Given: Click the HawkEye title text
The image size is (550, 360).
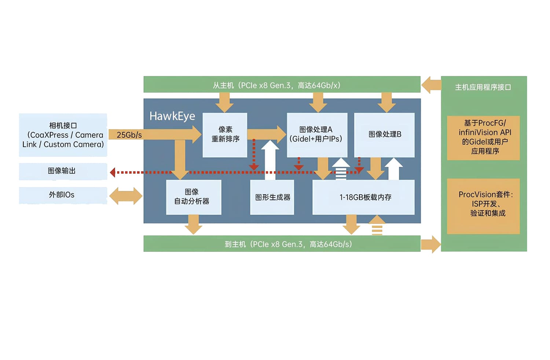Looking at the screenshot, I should (x=172, y=116).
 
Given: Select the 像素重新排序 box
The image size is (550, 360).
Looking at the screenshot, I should (x=225, y=135).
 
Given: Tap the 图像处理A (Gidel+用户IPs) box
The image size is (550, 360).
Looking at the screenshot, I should (x=316, y=135).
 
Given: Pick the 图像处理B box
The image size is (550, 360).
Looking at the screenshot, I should (x=384, y=135).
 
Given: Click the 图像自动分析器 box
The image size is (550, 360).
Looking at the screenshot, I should (x=193, y=197).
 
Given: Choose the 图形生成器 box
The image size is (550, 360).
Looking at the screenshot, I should (x=272, y=197).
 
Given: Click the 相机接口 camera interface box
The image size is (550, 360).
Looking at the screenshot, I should (x=63, y=135).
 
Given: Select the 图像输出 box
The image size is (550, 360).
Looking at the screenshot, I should (x=63, y=171).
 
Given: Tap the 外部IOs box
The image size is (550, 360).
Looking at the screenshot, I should (x=63, y=195).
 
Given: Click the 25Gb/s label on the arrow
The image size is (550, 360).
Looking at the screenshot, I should (x=129, y=135).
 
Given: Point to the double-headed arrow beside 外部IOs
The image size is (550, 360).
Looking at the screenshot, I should (x=126, y=196).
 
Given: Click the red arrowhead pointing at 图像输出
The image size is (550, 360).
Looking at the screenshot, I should (x=113, y=172).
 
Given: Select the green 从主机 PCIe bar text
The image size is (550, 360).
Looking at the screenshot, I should (x=277, y=85).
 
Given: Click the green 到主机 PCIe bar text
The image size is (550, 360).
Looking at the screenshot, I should (x=288, y=244).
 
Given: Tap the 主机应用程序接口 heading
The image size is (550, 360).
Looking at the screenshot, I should (x=483, y=87).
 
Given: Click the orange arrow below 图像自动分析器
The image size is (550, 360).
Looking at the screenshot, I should (x=193, y=224).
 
